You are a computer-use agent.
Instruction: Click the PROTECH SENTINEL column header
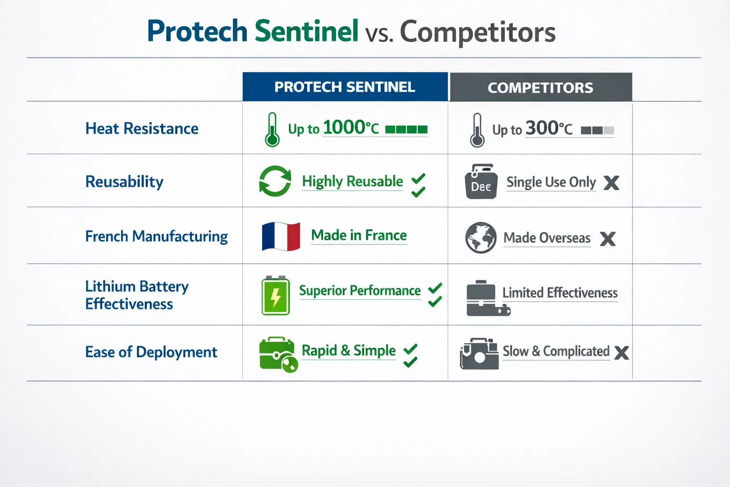[345, 87]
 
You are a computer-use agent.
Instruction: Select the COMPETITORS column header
[540, 88]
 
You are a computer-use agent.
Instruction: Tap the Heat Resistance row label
[142, 128]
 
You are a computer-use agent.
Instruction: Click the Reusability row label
[124, 182]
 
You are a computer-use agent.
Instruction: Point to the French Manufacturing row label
[156, 236]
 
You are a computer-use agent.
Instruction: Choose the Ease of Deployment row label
[151, 352]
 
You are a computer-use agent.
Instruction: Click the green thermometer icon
[272, 130]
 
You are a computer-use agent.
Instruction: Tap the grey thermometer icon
[477, 130]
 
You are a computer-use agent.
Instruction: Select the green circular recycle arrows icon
[275, 181]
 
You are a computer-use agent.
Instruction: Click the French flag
[281, 236]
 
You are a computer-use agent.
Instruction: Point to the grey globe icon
[480, 237]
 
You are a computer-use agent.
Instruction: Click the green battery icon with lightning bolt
[276, 296]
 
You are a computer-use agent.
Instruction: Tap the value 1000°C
[351, 127]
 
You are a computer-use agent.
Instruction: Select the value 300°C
[549, 128]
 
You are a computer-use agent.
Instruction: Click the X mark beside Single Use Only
[611, 183]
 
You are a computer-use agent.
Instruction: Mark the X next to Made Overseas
[607, 239]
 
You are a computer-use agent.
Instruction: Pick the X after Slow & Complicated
[621, 353]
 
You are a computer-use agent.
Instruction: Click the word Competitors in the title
[477, 32]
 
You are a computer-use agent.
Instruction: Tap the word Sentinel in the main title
[306, 31]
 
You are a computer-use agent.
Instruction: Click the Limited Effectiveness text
[560, 293]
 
